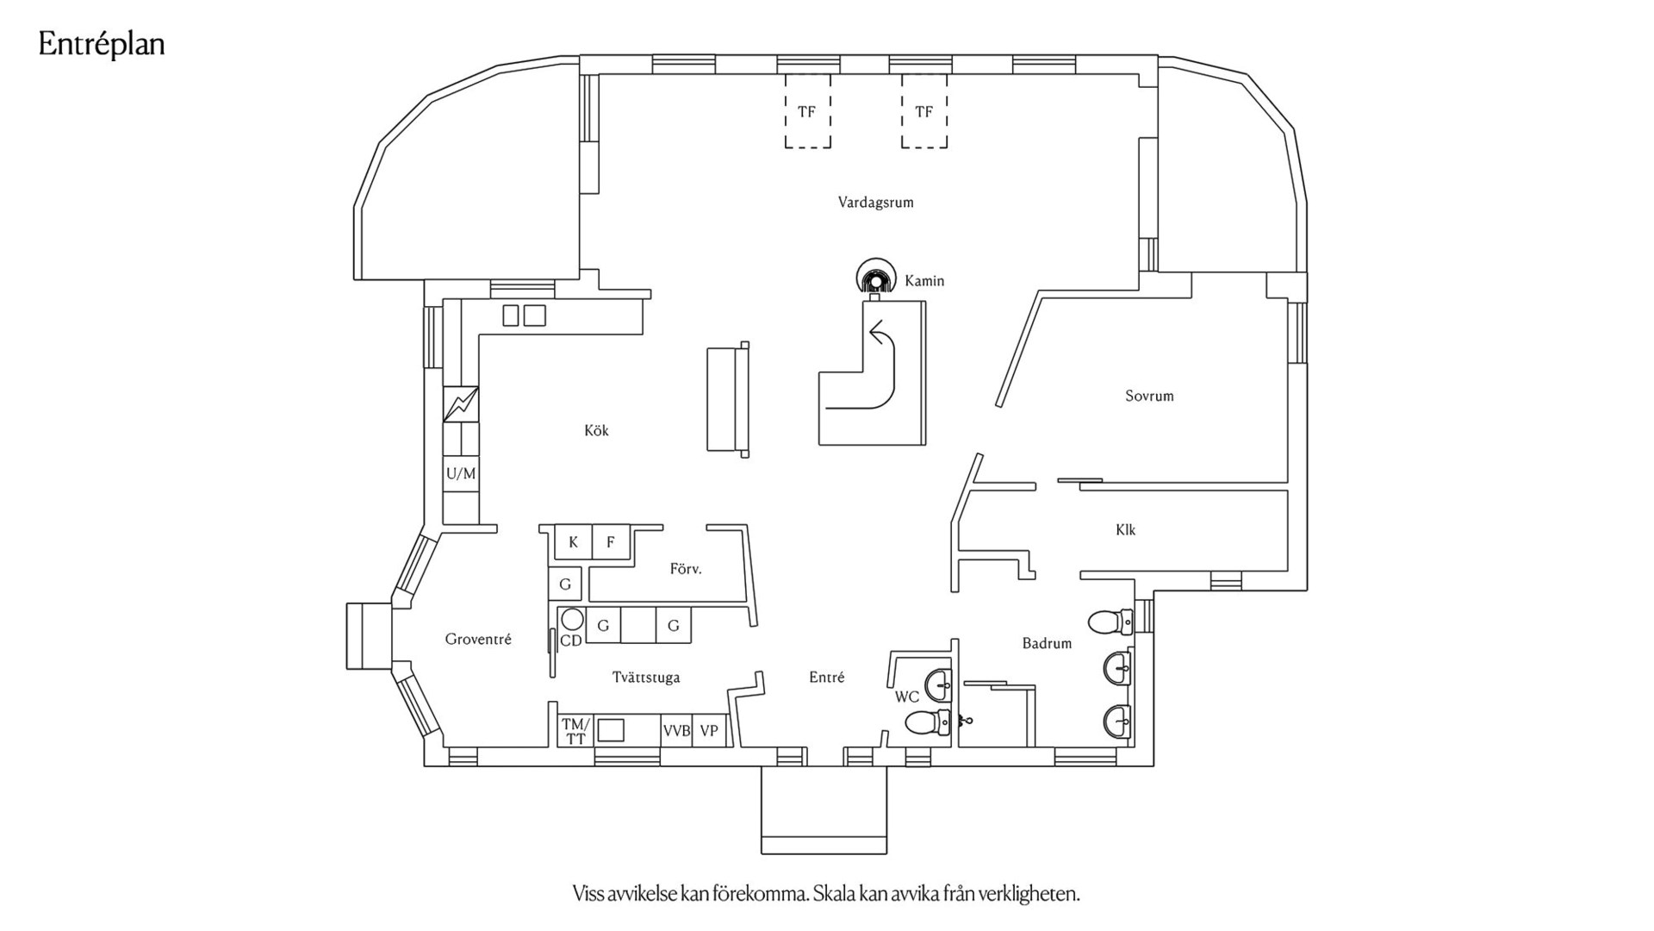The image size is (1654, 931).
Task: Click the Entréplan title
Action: click(x=102, y=45)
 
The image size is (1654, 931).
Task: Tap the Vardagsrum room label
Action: click(x=875, y=203)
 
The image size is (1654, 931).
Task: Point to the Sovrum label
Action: click(x=1149, y=397)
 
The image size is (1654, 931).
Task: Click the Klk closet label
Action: click(x=1125, y=530)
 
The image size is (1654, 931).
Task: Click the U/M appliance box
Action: click(x=461, y=474)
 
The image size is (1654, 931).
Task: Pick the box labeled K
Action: click(x=573, y=543)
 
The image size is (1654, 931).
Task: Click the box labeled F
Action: click(x=611, y=543)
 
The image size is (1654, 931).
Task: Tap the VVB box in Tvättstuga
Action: click(x=676, y=731)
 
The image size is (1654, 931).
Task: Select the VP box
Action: click(x=709, y=731)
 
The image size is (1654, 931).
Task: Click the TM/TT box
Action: click(x=575, y=731)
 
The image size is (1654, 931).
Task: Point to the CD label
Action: click(x=570, y=641)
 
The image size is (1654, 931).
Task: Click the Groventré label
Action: click(x=478, y=640)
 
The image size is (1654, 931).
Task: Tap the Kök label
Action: click(x=596, y=431)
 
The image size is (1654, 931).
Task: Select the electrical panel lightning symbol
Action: click(x=461, y=404)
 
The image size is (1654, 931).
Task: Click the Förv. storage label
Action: click(x=686, y=569)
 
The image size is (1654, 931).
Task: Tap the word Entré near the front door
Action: click(x=826, y=678)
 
